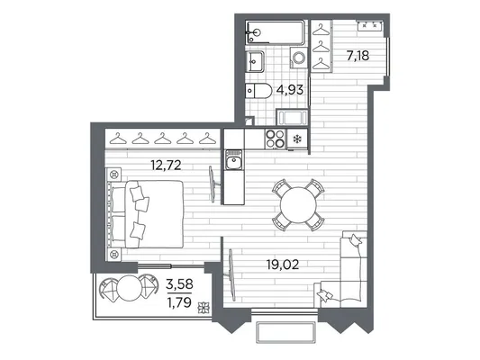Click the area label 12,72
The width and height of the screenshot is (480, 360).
tap(166, 166)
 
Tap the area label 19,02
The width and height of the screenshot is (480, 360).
tap(282, 265)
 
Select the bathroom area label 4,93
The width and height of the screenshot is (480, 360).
tap(290, 90)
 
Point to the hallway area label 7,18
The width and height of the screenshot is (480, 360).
tap(358, 56)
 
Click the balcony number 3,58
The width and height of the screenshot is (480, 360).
tap(179, 284)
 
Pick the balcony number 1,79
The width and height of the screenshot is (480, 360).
tap(179, 302)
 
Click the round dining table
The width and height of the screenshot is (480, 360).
tap(298, 205)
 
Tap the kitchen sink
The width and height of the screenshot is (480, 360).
tap(234, 159)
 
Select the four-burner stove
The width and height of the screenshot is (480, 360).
tap(276, 139)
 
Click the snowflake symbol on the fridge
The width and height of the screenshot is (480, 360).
tap(296, 139)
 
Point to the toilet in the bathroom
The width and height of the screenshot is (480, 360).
tap(258, 91)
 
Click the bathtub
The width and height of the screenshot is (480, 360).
tap(276, 32)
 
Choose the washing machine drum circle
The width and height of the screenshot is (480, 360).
tap(298, 58)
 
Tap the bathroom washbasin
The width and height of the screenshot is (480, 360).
tap(255, 61)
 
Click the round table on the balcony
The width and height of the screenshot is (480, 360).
tap(130, 288)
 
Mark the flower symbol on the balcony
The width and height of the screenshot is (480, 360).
tap(203, 308)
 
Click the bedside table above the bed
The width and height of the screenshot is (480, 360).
tap(113, 175)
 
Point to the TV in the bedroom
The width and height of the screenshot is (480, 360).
tap(213, 184)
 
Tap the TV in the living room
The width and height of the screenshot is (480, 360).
tap(231, 275)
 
